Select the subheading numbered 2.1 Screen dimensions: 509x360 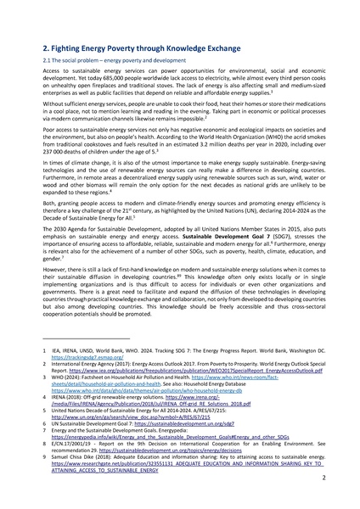point(110,62)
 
